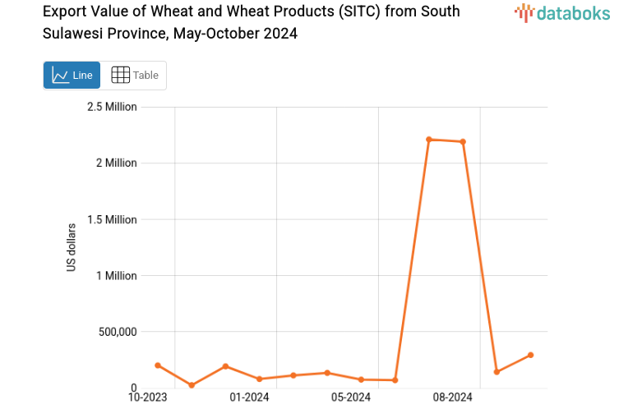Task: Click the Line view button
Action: pyautogui.click(x=72, y=76)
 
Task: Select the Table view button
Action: pyautogui.click(x=134, y=76)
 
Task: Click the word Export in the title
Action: pyautogui.click(x=64, y=11)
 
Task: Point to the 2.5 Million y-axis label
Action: pyautogui.click(x=112, y=107)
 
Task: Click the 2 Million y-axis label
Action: pyautogui.click(x=116, y=163)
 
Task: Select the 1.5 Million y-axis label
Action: pyautogui.click(x=112, y=219)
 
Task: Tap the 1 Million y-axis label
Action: pyautogui.click(x=116, y=276)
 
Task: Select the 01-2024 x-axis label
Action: pyautogui.click(x=249, y=398)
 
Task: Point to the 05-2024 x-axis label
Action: pyautogui.click(x=351, y=398)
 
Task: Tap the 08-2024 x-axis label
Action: pyautogui.click(x=452, y=398)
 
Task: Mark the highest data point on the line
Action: pyautogui.click(x=429, y=140)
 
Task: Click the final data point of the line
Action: pyautogui.click(x=530, y=355)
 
